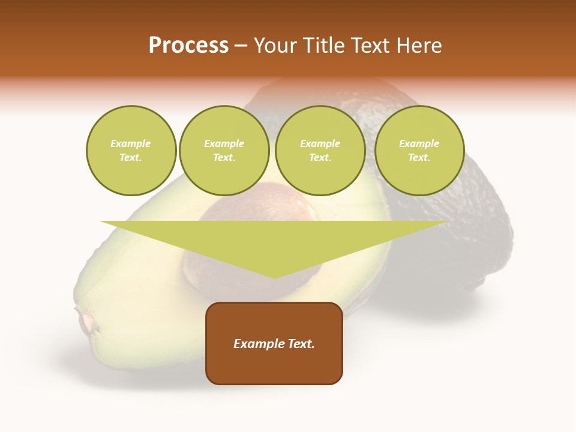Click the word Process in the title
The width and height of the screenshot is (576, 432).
pyautogui.click(x=188, y=46)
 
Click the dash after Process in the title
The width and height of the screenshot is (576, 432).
pyautogui.click(x=241, y=46)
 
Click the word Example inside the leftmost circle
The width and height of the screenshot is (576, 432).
pyautogui.click(x=131, y=143)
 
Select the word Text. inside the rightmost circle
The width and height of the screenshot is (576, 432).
pyautogui.click(x=419, y=158)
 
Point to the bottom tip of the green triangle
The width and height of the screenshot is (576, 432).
pyautogui.click(x=275, y=277)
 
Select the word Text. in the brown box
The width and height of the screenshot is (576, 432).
pyautogui.click(x=302, y=344)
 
